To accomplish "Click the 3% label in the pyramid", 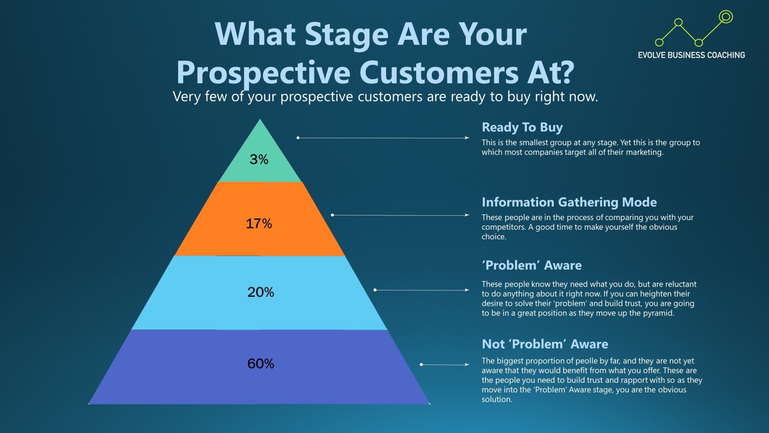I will click(x=259, y=160).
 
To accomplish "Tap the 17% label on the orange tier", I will click(x=259, y=224).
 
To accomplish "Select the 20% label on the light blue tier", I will click(x=261, y=292).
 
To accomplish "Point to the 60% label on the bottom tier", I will click(x=261, y=364).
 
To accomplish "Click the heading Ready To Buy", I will click(x=522, y=127).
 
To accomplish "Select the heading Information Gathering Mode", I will click(x=569, y=202).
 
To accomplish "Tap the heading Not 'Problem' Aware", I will click(x=545, y=344).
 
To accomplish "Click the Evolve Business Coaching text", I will click(x=691, y=55).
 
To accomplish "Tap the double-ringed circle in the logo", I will click(x=725, y=17).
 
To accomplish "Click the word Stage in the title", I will click(x=347, y=34).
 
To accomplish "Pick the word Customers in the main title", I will click(x=439, y=73).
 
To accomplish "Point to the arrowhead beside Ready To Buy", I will click(x=467, y=138).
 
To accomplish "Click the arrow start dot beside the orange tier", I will click(x=332, y=215).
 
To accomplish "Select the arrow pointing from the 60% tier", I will click(x=445, y=364).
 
